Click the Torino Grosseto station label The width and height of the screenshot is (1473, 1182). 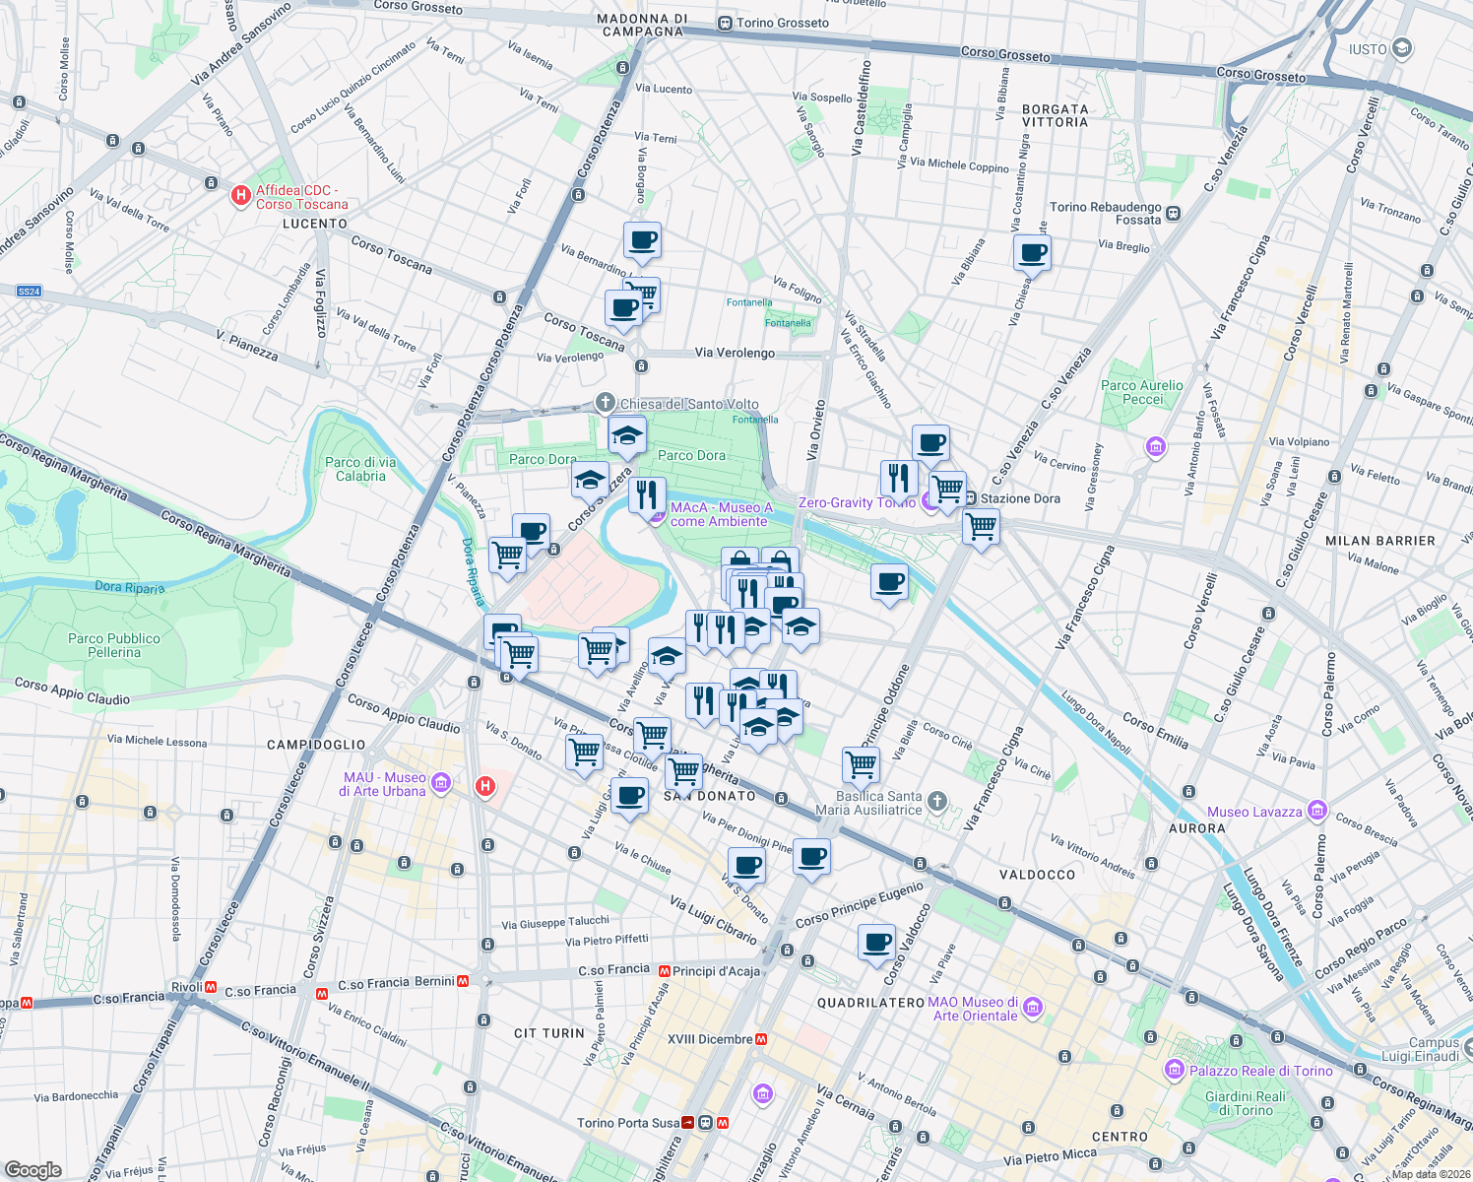click(782, 23)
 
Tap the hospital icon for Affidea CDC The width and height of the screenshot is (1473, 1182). click(240, 196)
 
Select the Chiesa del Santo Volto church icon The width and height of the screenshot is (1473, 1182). click(606, 403)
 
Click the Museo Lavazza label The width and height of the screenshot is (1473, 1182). click(1254, 812)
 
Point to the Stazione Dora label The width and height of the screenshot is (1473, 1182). click(1020, 498)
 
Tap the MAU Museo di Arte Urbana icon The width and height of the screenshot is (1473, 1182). click(441, 783)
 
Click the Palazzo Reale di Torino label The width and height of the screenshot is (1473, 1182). click(1260, 1071)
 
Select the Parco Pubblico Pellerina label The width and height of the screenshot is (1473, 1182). click(114, 645)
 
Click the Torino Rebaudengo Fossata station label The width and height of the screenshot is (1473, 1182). click(1106, 213)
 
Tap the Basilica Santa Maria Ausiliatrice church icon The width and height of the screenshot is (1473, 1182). click(937, 801)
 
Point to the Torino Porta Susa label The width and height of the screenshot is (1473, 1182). click(628, 1123)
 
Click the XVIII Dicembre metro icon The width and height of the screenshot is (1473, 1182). click(761, 1039)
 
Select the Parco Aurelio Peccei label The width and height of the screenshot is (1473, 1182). click(1142, 392)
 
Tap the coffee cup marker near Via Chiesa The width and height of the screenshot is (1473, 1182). click(1032, 253)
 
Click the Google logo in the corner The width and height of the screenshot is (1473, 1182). click(33, 1169)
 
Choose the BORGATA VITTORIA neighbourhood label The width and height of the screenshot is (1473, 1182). click(1055, 115)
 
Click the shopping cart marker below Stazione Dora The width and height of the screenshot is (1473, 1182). click(982, 527)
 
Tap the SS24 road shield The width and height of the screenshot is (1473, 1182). click(30, 292)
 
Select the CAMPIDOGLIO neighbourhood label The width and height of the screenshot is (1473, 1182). click(316, 745)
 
